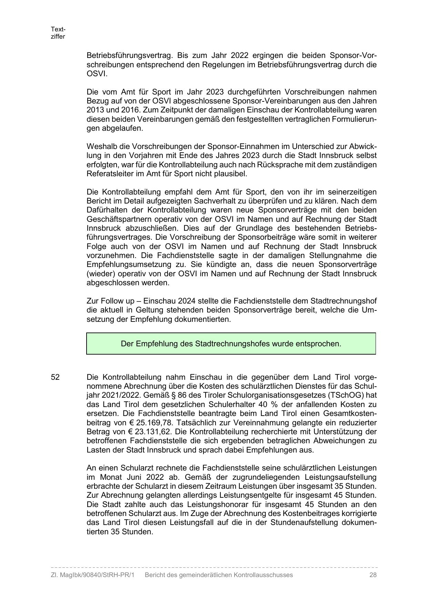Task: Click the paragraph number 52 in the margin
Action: tap(55, 377)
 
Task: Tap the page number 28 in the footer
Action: tap(372, 575)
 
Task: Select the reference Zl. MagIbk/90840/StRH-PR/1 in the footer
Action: tap(92, 575)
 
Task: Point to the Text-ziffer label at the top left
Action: tap(58, 33)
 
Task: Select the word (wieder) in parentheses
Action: tap(100, 274)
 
